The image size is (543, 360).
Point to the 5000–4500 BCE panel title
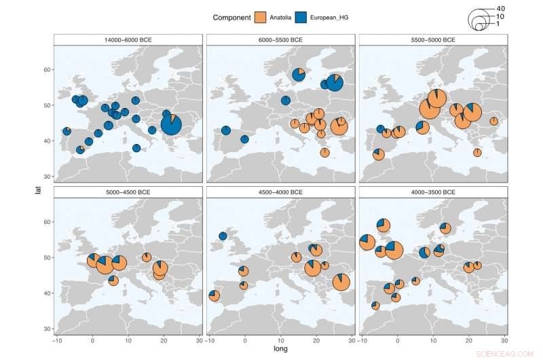[x=128, y=192]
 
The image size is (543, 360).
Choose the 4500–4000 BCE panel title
[x=280, y=192]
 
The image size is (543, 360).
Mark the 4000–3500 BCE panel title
[x=433, y=192]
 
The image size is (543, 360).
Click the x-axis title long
[x=280, y=348]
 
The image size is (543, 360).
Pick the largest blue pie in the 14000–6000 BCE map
[x=171, y=124]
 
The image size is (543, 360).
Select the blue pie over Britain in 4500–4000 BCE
[x=223, y=236]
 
